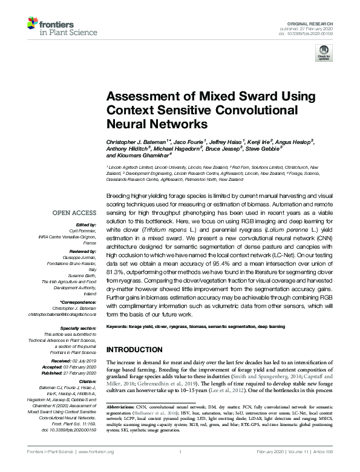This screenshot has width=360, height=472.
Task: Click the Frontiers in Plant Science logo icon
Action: click(x=34, y=24)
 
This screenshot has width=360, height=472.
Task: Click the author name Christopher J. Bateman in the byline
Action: click(x=135, y=140)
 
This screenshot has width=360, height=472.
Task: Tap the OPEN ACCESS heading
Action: click(x=74, y=213)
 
